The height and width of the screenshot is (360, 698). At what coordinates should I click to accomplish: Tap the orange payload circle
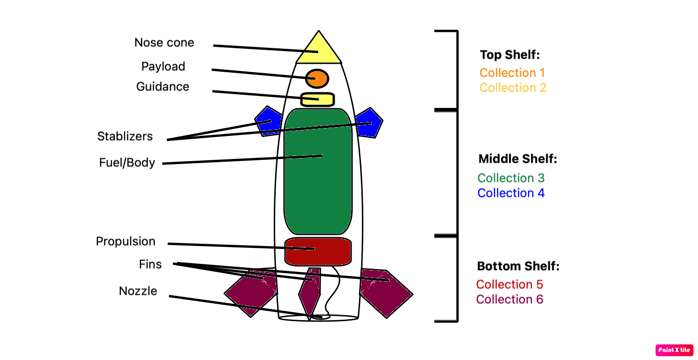[317, 78]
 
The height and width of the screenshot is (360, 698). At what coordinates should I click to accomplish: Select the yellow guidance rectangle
[317, 99]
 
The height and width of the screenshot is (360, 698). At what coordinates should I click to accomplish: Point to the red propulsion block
[318, 251]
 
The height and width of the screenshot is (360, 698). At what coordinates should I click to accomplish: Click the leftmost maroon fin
[251, 293]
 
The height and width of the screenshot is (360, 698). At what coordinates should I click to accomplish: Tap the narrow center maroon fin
[309, 293]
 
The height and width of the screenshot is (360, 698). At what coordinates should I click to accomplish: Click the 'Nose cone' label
[164, 43]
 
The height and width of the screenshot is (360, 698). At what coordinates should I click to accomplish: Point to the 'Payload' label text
[163, 67]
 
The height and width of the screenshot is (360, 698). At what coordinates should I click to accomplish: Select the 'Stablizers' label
[125, 136]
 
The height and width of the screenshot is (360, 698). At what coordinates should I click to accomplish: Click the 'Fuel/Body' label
[127, 163]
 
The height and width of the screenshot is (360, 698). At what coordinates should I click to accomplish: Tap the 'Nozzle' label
[138, 291]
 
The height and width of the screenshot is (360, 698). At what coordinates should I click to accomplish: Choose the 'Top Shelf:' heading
[510, 55]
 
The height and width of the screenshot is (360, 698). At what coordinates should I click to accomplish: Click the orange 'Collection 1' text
[512, 73]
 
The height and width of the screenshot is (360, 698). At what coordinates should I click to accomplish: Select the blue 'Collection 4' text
[511, 193]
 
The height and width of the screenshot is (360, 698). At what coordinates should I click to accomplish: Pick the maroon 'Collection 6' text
[510, 299]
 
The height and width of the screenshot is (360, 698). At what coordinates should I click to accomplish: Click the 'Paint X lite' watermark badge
[674, 350]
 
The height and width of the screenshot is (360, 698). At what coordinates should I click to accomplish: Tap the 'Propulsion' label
[126, 241]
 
